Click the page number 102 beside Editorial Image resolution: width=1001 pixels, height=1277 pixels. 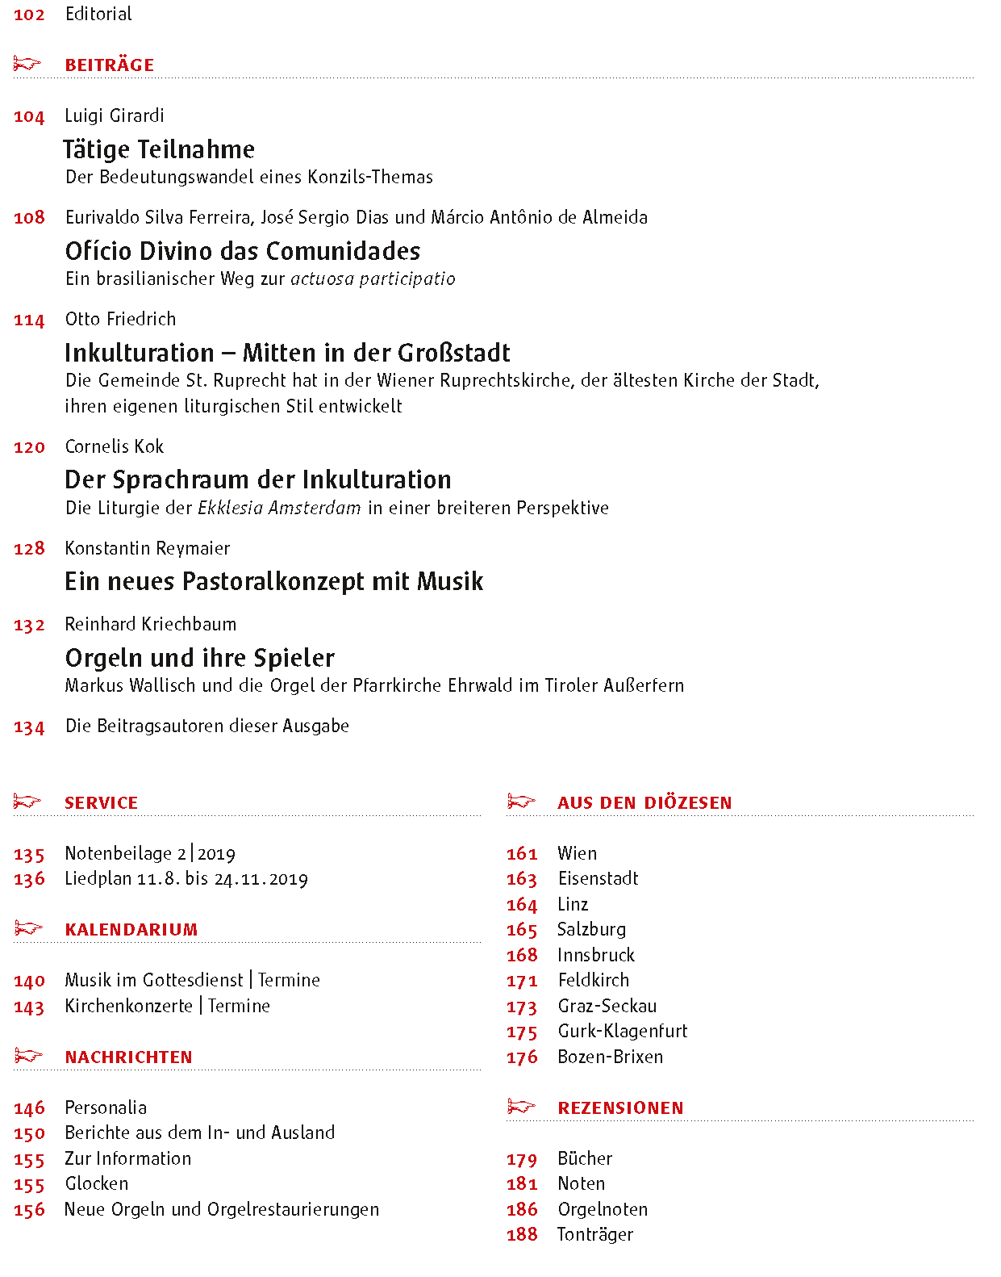(29, 15)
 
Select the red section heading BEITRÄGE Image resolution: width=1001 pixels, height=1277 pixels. (109, 65)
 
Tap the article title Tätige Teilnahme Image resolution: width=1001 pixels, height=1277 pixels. (159, 149)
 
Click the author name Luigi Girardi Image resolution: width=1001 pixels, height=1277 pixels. (115, 115)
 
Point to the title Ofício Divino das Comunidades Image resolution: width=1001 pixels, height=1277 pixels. (242, 251)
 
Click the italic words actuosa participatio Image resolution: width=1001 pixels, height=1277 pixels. (373, 279)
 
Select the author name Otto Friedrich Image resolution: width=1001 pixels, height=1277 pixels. (120, 319)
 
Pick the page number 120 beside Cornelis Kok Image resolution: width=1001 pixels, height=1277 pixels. (29, 447)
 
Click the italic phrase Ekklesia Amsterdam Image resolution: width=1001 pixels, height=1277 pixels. (279, 508)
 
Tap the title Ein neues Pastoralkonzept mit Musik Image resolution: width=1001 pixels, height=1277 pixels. (273, 581)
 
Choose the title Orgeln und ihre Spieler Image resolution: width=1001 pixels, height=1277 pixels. (199, 658)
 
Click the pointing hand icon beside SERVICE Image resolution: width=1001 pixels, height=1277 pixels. (27, 802)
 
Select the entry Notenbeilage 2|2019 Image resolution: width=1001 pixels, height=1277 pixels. (150, 854)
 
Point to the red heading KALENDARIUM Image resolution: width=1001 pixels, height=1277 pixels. (131, 930)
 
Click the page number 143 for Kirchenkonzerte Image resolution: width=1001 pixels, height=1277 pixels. (29, 1007)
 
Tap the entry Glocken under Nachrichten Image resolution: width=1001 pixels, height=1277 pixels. (97, 1183)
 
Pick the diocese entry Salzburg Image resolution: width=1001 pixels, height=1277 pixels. (591, 930)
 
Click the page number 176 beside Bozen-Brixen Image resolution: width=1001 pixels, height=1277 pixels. (522, 1057)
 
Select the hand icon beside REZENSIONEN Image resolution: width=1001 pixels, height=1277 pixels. (521, 1106)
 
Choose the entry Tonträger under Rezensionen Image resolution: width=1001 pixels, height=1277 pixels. (595, 1234)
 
